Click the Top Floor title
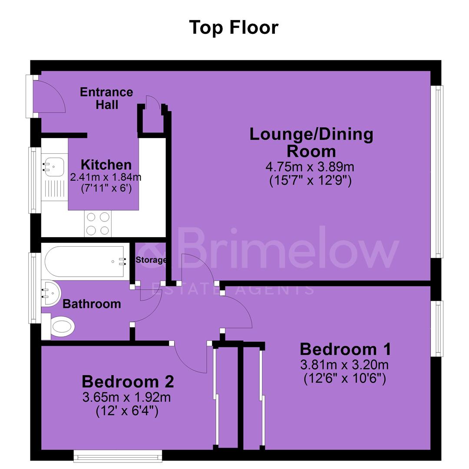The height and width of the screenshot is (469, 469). click(234, 27)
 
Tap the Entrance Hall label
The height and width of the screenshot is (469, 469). click(106, 99)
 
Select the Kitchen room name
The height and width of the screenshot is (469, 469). click(106, 165)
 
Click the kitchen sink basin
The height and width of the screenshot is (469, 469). click(53, 167)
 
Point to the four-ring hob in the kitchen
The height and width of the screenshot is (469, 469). click(98, 224)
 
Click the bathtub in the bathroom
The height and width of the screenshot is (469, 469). click(85, 262)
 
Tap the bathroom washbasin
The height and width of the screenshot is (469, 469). click(50, 293)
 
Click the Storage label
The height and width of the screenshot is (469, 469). click(151, 260)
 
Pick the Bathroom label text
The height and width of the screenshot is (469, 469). click(92, 304)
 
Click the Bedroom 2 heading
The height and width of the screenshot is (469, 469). click(128, 382)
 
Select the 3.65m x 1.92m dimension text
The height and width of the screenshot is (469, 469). click(126, 397)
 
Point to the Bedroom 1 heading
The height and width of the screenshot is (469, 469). click(345, 349)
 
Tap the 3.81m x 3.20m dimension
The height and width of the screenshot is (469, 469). click(344, 365)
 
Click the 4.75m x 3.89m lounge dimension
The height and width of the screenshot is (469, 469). click(310, 167)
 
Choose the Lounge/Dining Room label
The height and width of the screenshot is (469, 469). click(311, 142)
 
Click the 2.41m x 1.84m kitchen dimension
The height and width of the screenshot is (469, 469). click(106, 177)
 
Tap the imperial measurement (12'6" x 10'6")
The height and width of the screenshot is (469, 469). click(345, 379)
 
